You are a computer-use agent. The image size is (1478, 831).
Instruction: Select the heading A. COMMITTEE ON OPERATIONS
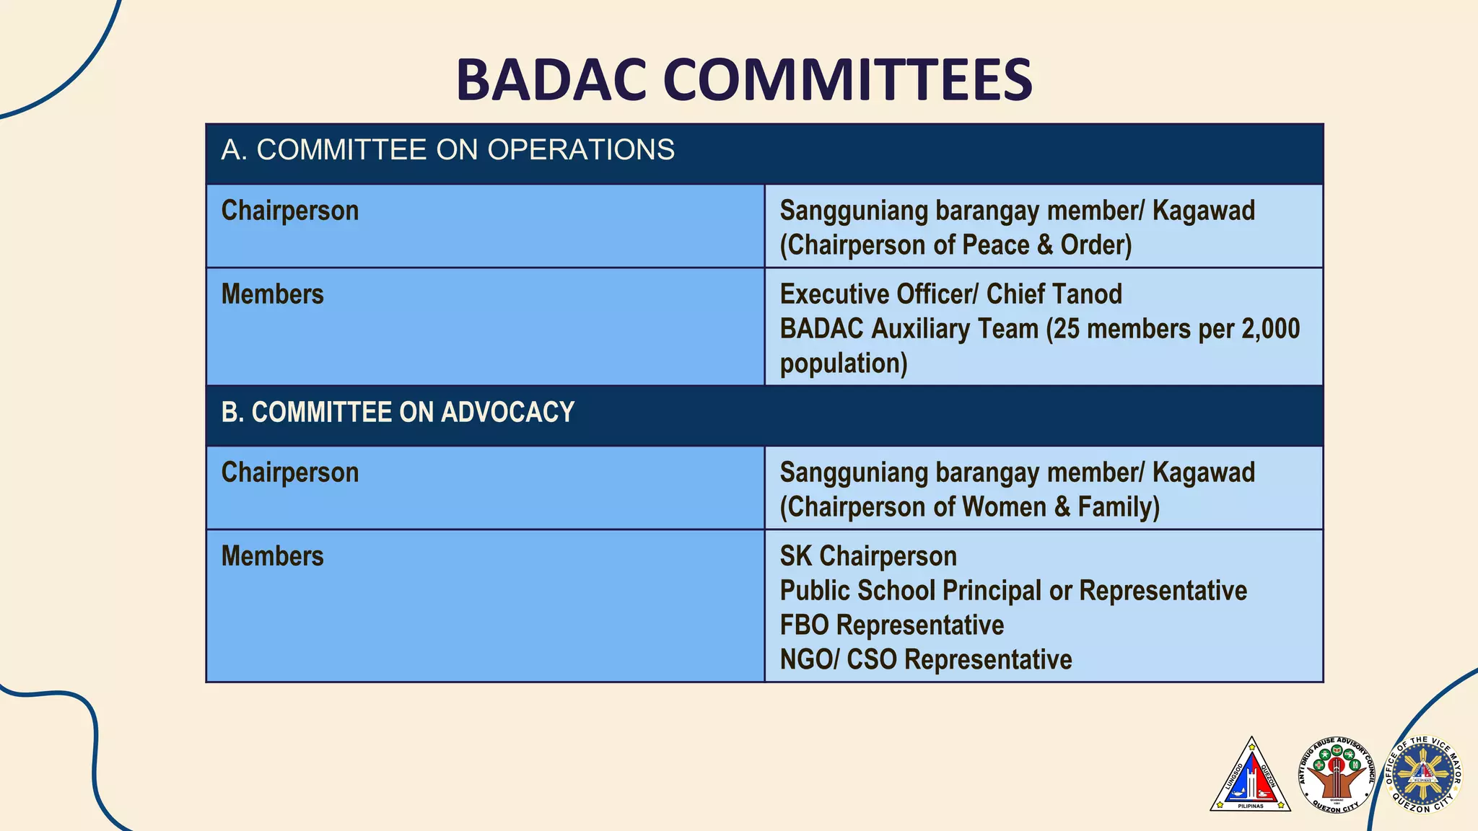(447, 150)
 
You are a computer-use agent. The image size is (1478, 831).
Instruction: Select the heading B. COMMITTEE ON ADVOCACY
(398, 413)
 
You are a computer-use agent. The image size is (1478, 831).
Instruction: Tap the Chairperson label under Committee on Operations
(289, 211)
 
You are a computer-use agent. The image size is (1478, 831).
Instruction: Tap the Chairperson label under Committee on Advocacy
(289, 472)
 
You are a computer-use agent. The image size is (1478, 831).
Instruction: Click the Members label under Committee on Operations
(272, 294)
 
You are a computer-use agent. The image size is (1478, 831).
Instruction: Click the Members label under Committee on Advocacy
(272, 556)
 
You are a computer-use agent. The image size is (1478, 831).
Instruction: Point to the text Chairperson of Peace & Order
(956, 245)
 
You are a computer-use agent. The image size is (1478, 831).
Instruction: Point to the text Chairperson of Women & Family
(969, 507)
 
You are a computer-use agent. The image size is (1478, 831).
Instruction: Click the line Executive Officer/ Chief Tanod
(950, 294)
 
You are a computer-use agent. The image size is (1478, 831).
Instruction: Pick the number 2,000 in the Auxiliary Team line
(1270, 329)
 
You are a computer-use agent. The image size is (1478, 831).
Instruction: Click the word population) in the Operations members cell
(843, 364)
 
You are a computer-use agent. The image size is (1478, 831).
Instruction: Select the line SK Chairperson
(868, 556)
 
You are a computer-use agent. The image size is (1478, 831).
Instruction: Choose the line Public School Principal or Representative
(1013, 591)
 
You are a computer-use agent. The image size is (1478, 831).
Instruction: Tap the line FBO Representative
(891, 625)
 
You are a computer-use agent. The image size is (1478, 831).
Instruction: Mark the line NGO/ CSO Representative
(926, 659)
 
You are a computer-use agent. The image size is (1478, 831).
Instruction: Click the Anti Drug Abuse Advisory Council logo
(1337, 776)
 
